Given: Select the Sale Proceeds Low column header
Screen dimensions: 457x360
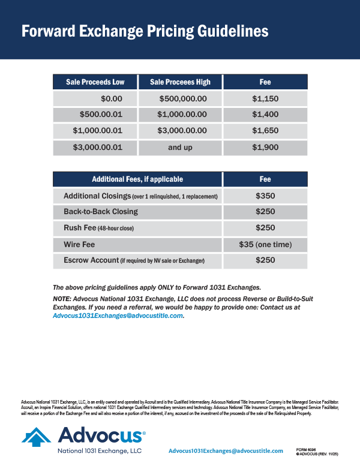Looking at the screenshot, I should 95,82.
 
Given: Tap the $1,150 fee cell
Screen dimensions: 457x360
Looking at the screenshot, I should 265,99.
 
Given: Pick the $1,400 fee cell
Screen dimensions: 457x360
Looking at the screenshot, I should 265,115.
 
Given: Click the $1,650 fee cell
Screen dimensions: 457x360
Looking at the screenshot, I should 265,131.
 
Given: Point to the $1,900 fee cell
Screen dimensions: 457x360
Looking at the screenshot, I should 265,147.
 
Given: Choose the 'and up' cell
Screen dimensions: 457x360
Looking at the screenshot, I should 180,147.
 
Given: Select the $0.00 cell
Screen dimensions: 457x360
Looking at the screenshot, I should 112,99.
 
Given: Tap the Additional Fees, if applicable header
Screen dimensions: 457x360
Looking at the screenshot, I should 137,179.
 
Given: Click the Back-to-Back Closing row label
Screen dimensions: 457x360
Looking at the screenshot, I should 101,212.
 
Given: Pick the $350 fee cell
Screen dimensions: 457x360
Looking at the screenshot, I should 265,196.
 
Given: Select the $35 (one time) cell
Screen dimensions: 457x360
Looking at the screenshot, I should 265,245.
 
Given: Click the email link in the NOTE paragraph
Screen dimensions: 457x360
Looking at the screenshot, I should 118,315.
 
